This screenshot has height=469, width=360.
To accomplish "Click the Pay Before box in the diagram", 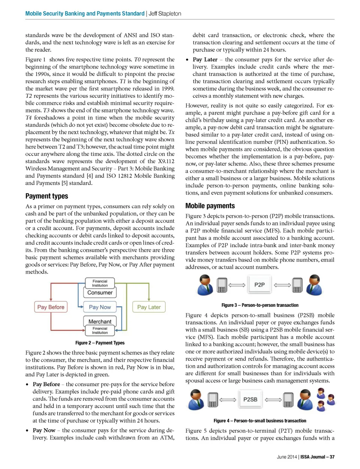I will tap(51, 307).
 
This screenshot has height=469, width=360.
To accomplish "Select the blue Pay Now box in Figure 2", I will tap(100, 307).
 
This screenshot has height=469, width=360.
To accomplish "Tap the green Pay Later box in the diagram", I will tap(149, 307).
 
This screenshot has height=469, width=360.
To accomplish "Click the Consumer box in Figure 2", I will tap(100, 292).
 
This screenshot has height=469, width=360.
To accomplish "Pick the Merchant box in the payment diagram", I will tap(100, 321).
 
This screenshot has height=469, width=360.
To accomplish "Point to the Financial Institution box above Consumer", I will tap(100, 283).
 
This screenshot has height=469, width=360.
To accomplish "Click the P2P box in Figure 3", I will tap(259, 285).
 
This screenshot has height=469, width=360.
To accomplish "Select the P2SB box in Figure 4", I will tap(250, 400).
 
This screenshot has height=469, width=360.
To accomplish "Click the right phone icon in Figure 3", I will tap(297, 285).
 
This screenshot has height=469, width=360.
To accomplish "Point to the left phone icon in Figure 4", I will tap(213, 400).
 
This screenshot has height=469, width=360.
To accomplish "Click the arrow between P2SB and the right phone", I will tap(273, 400).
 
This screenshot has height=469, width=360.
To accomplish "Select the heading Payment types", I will tap(47, 196).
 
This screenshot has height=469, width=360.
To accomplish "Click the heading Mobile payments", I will tap(210, 206).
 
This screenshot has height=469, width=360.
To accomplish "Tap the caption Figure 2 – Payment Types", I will tap(100, 343).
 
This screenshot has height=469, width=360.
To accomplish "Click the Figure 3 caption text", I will tap(260, 305).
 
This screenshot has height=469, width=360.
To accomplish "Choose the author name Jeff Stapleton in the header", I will tap(165, 13).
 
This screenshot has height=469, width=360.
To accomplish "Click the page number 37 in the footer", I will tap(332, 457).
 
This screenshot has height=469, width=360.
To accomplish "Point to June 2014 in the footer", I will tap(287, 457).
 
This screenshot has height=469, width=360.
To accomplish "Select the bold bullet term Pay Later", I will tap(205, 60).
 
